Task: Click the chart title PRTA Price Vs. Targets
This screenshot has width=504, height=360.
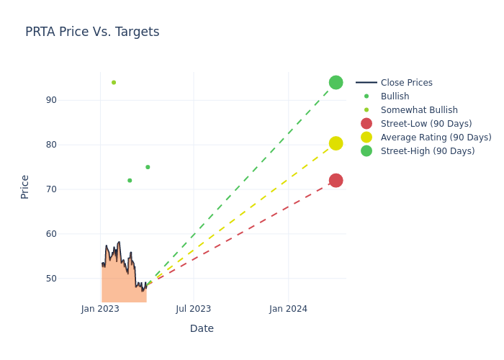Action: (92, 32)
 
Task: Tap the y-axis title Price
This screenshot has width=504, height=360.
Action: (24, 186)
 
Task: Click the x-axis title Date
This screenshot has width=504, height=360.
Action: (202, 328)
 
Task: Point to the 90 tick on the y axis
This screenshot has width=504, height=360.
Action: (71, 100)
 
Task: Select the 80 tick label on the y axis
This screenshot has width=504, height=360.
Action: (71, 145)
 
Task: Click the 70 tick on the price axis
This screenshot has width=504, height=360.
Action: (71, 189)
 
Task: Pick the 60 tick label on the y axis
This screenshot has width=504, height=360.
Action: (71, 234)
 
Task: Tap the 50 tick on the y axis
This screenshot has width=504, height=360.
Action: (71, 279)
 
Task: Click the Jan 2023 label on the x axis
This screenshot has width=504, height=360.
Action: (100, 309)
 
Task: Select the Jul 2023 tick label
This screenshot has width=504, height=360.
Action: (194, 309)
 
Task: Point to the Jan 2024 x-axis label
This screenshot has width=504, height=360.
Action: (289, 309)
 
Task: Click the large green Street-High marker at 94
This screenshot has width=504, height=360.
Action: (336, 82)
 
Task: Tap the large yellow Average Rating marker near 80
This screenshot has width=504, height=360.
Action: (336, 143)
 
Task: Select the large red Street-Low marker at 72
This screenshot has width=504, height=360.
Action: (336, 180)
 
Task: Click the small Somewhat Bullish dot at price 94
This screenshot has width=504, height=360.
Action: (114, 82)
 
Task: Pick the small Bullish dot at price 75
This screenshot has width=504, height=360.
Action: (148, 167)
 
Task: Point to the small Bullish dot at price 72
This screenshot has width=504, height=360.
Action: (130, 180)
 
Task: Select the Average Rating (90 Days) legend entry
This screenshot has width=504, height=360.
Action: (436, 138)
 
